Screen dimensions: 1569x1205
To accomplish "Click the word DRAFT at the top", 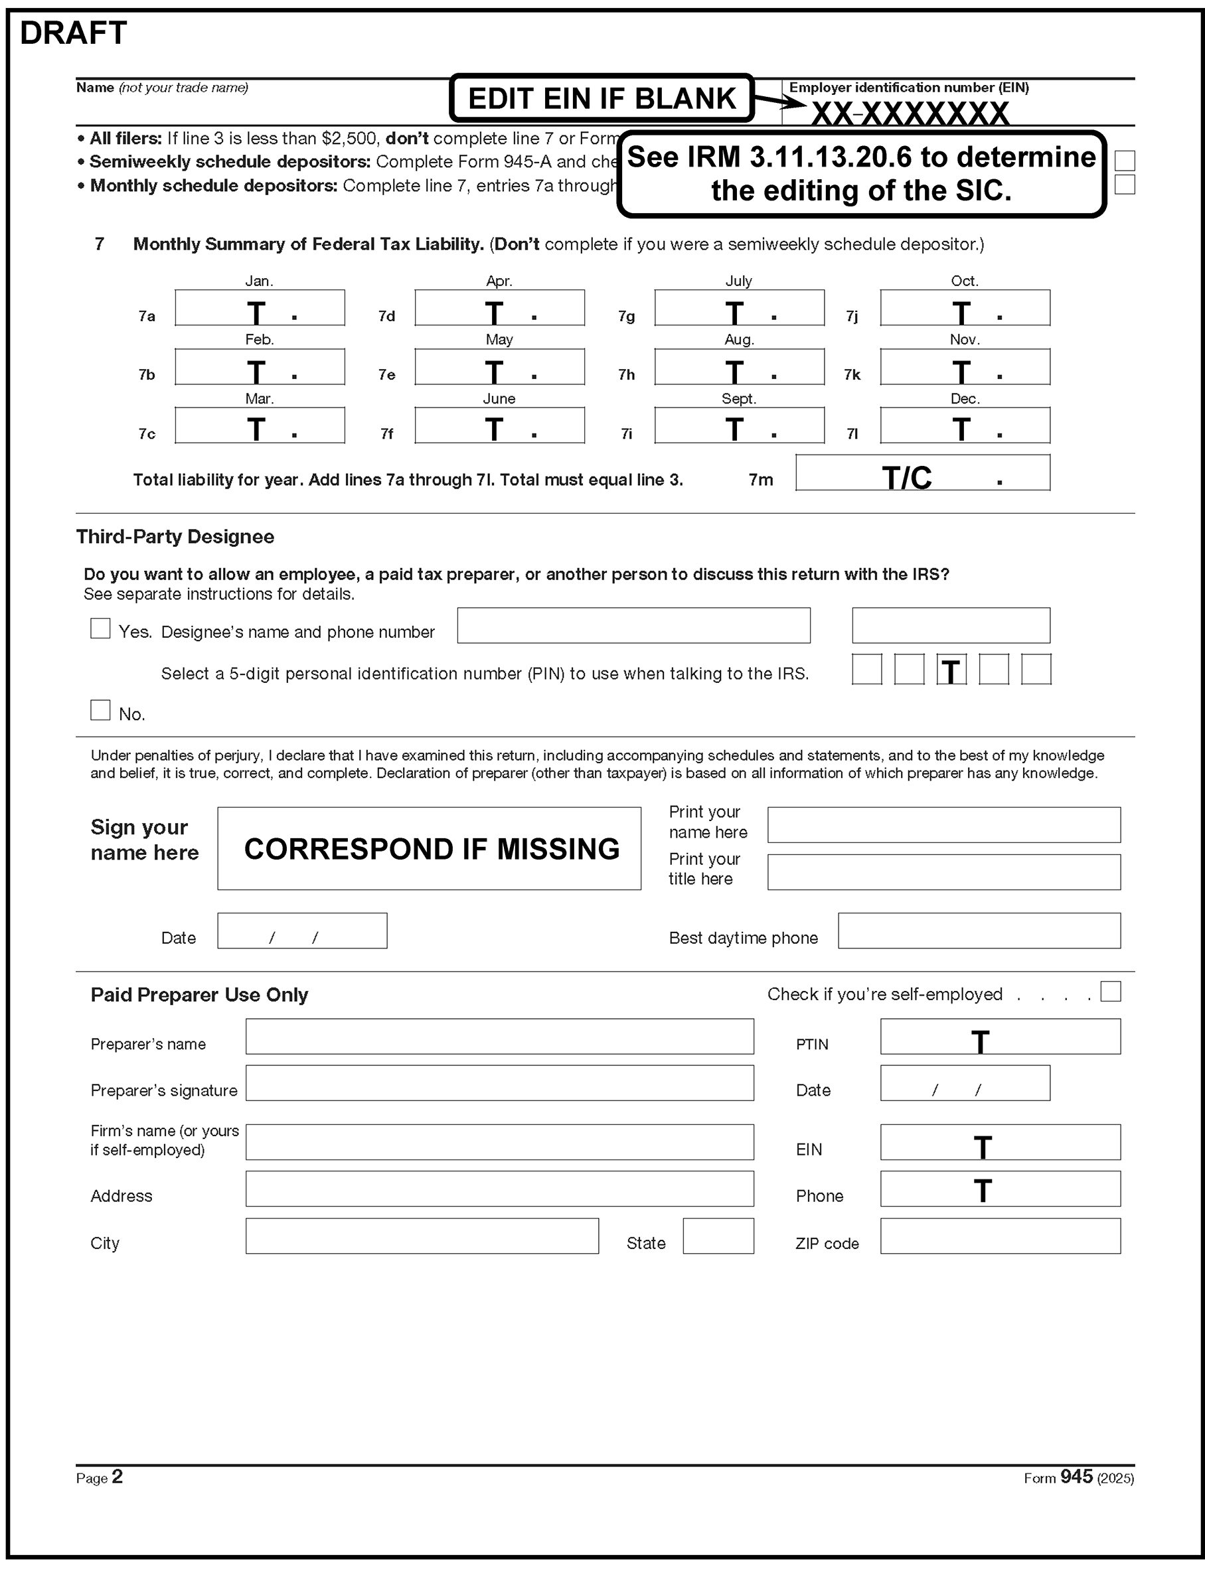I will click(73, 33).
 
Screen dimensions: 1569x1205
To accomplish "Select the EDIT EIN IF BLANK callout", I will click(601, 98).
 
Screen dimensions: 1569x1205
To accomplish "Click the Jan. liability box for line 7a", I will click(260, 308).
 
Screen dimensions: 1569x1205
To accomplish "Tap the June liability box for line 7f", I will click(499, 425).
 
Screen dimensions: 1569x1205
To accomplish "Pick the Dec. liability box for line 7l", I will click(965, 425).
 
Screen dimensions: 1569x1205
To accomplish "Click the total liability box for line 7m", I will click(922, 473).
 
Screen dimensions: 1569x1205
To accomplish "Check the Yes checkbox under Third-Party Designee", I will click(100, 629).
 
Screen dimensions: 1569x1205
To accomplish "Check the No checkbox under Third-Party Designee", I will click(100, 711).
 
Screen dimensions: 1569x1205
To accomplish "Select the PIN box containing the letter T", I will click(951, 670).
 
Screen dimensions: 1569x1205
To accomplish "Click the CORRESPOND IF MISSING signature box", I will click(429, 849).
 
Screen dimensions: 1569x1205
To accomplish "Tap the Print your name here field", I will click(943, 825).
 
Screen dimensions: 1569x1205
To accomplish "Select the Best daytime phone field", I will click(979, 931).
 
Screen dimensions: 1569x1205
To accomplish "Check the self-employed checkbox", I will click(1110, 992).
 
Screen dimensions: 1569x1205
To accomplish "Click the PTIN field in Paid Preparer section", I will click(1000, 1037).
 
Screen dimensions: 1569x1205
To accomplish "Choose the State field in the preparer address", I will click(718, 1236).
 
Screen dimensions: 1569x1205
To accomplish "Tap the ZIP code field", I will click(1000, 1236).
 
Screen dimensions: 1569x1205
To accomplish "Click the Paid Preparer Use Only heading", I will click(199, 996).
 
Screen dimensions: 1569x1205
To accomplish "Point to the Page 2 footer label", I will click(99, 1477).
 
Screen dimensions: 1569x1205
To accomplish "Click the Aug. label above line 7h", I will click(739, 340).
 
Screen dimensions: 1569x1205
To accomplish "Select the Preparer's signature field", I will click(499, 1083).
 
